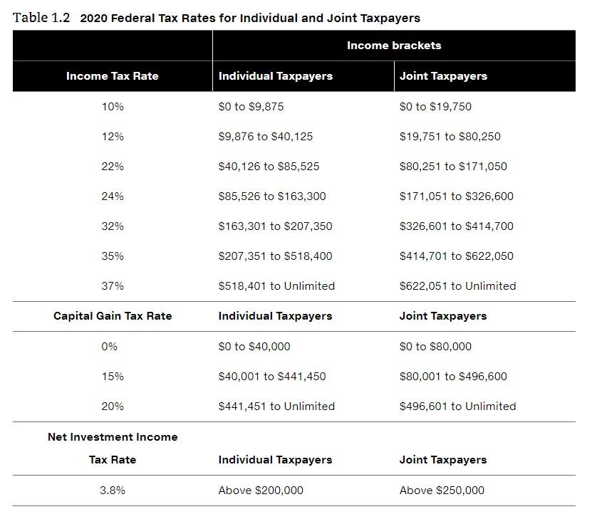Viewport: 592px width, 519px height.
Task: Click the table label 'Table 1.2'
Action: [x=41, y=18]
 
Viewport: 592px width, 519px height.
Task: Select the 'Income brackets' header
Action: [x=393, y=46]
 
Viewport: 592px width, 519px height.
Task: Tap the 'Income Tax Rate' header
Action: [x=113, y=76]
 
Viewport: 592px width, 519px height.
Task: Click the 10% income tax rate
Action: [x=113, y=107]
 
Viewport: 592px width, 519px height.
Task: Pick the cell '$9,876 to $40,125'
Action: [x=265, y=137]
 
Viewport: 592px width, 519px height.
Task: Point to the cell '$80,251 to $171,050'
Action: [x=453, y=167]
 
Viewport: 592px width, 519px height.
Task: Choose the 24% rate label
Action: [x=113, y=196]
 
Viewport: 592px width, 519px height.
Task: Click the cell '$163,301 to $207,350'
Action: [x=275, y=226]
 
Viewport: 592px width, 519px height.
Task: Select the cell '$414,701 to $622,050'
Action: [x=456, y=256]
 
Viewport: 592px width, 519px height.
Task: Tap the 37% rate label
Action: [x=113, y=286]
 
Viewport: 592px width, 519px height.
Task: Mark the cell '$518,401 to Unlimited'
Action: [x=276, y=286]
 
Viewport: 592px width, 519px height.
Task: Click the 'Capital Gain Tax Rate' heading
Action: [x=113, y=316]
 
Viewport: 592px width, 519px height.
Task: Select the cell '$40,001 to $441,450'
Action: [x=272, y=377]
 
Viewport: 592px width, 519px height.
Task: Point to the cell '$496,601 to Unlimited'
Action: [x=457, y=407]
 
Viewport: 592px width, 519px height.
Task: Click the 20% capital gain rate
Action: [x=113, y=407]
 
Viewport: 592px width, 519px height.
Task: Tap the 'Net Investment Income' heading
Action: [x=113, y=437]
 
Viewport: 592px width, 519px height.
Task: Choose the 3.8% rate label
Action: [x=113, y=491]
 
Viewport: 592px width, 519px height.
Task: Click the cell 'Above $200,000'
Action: [x=261, y=491]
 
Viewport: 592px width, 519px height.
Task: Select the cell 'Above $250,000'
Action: [x=442, y=491]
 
